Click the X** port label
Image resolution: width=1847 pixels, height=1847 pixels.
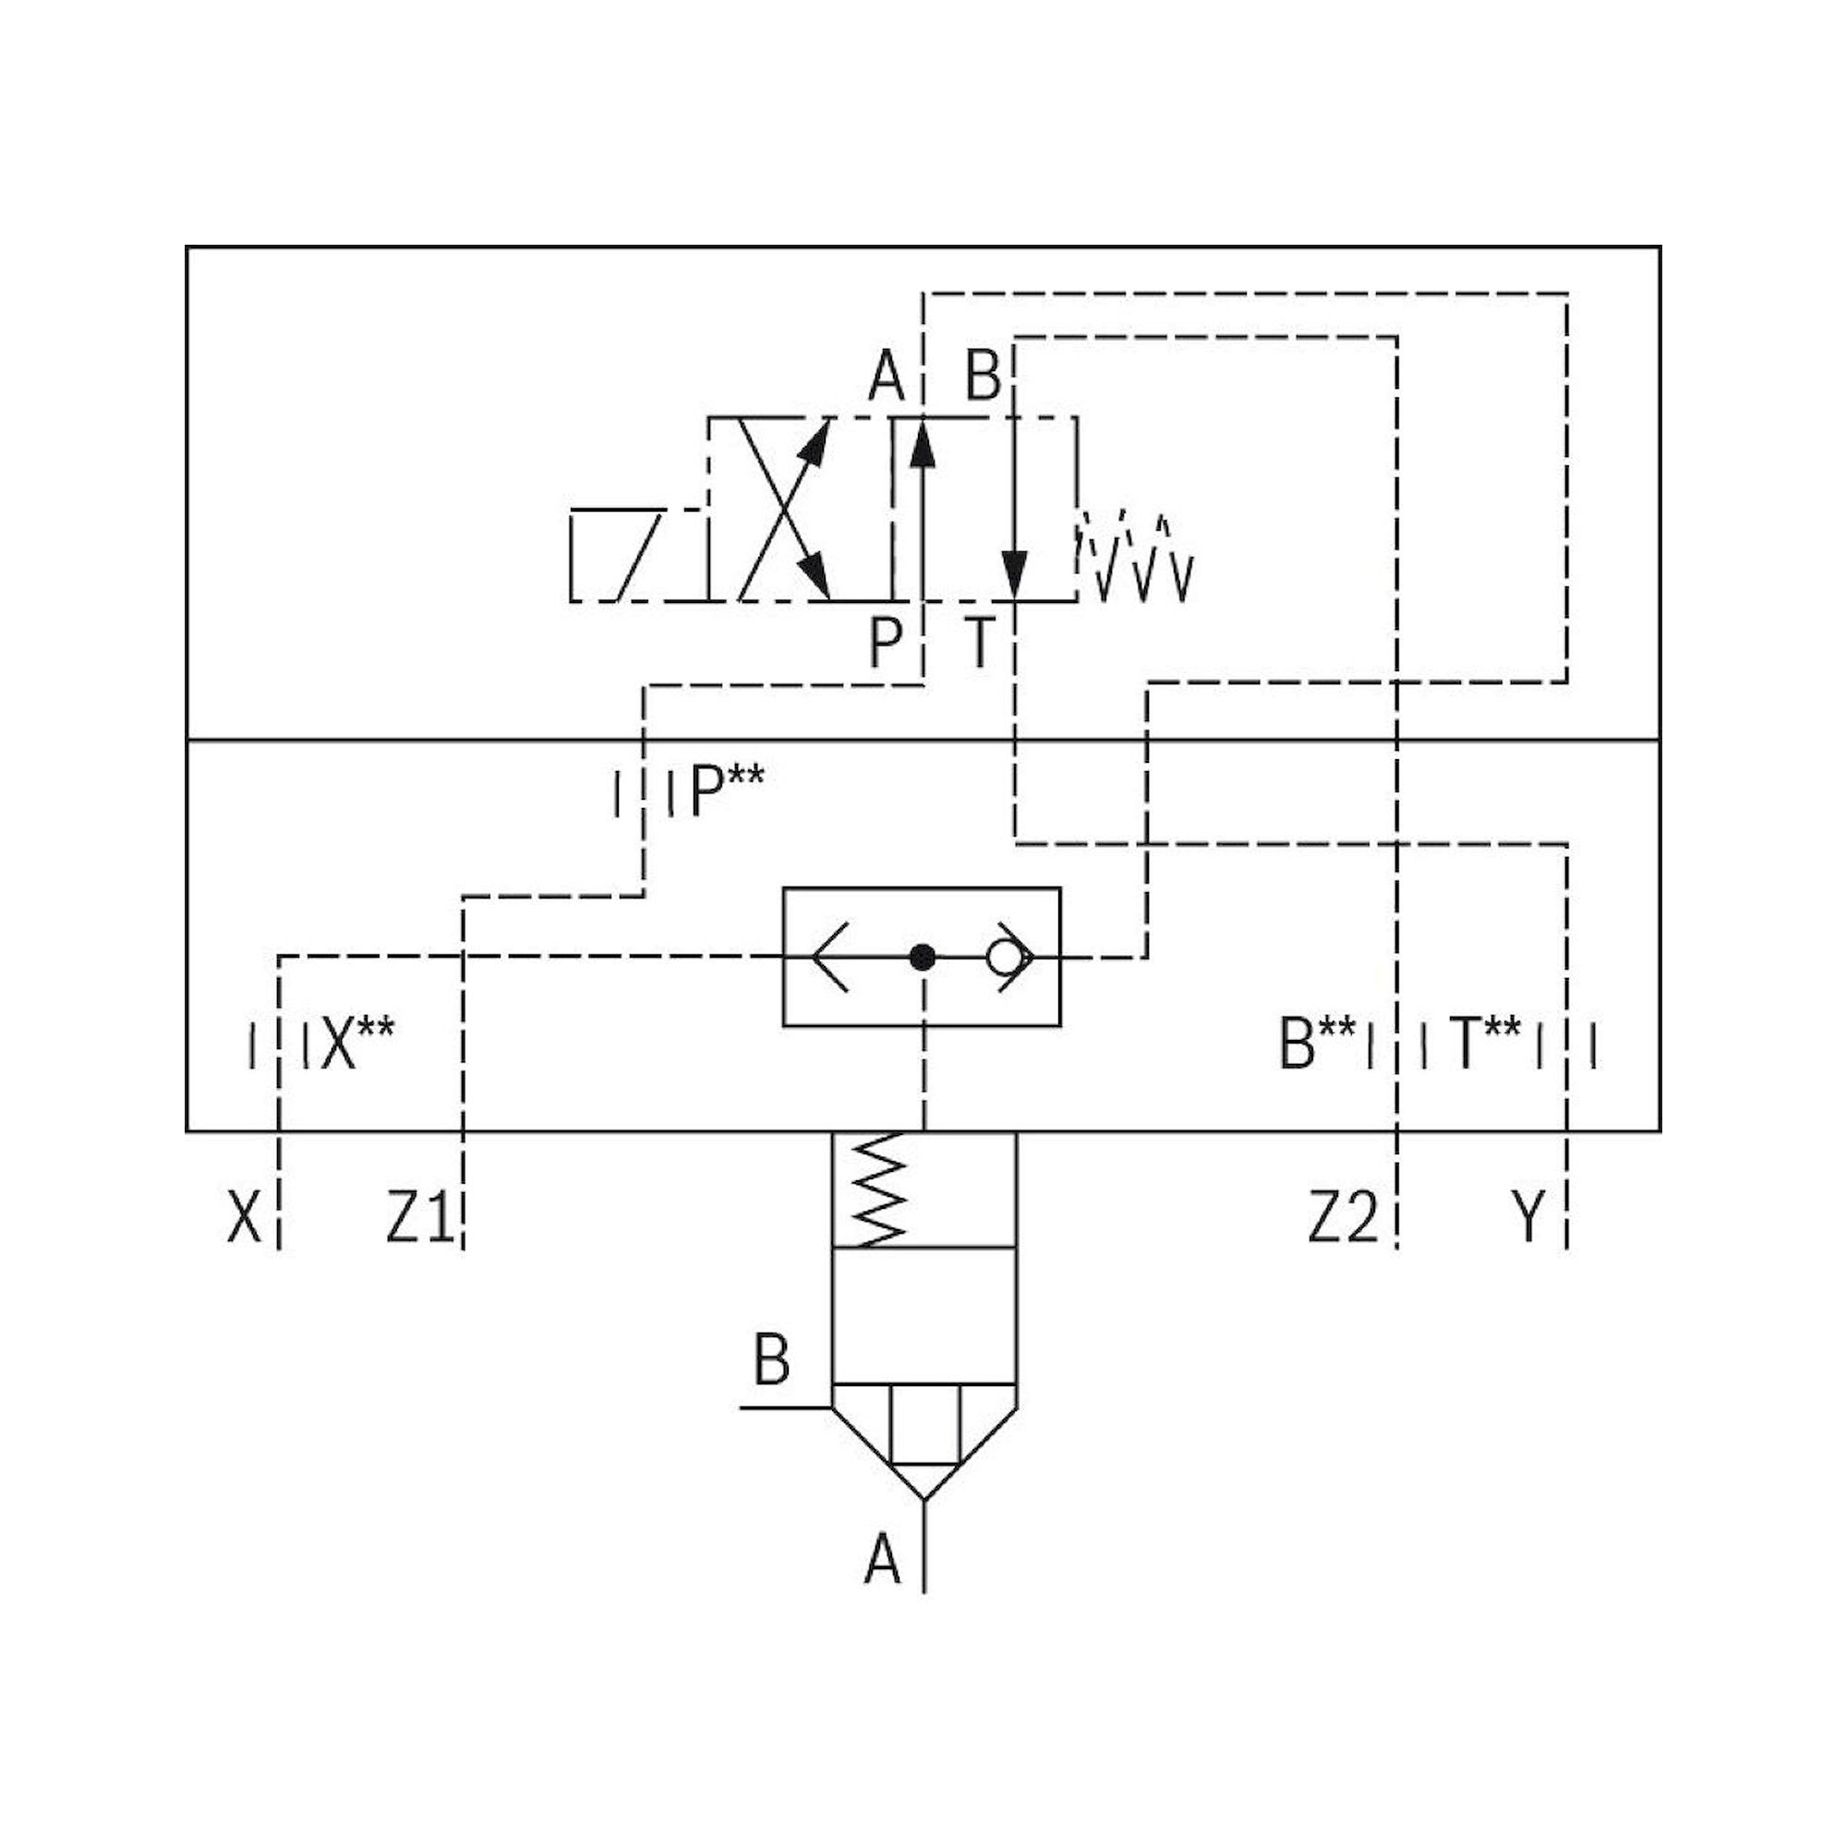pos(356,1043)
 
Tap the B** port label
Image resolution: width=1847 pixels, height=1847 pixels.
pos(1316,1043)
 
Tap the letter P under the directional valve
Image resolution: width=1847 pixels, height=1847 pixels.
pos(886,643)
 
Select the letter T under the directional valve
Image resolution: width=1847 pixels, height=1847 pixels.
pos(981,643)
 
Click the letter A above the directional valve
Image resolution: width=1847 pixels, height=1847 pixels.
pos(887,377)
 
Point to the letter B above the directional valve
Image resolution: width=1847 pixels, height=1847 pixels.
pos(983,377)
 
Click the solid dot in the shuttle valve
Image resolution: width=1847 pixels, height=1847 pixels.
pos(922,956)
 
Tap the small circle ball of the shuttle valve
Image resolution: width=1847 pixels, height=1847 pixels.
pos(1005,956)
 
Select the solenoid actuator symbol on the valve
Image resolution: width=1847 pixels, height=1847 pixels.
pos(617,554)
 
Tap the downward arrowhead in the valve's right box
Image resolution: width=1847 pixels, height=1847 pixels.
pos(1014,575)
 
